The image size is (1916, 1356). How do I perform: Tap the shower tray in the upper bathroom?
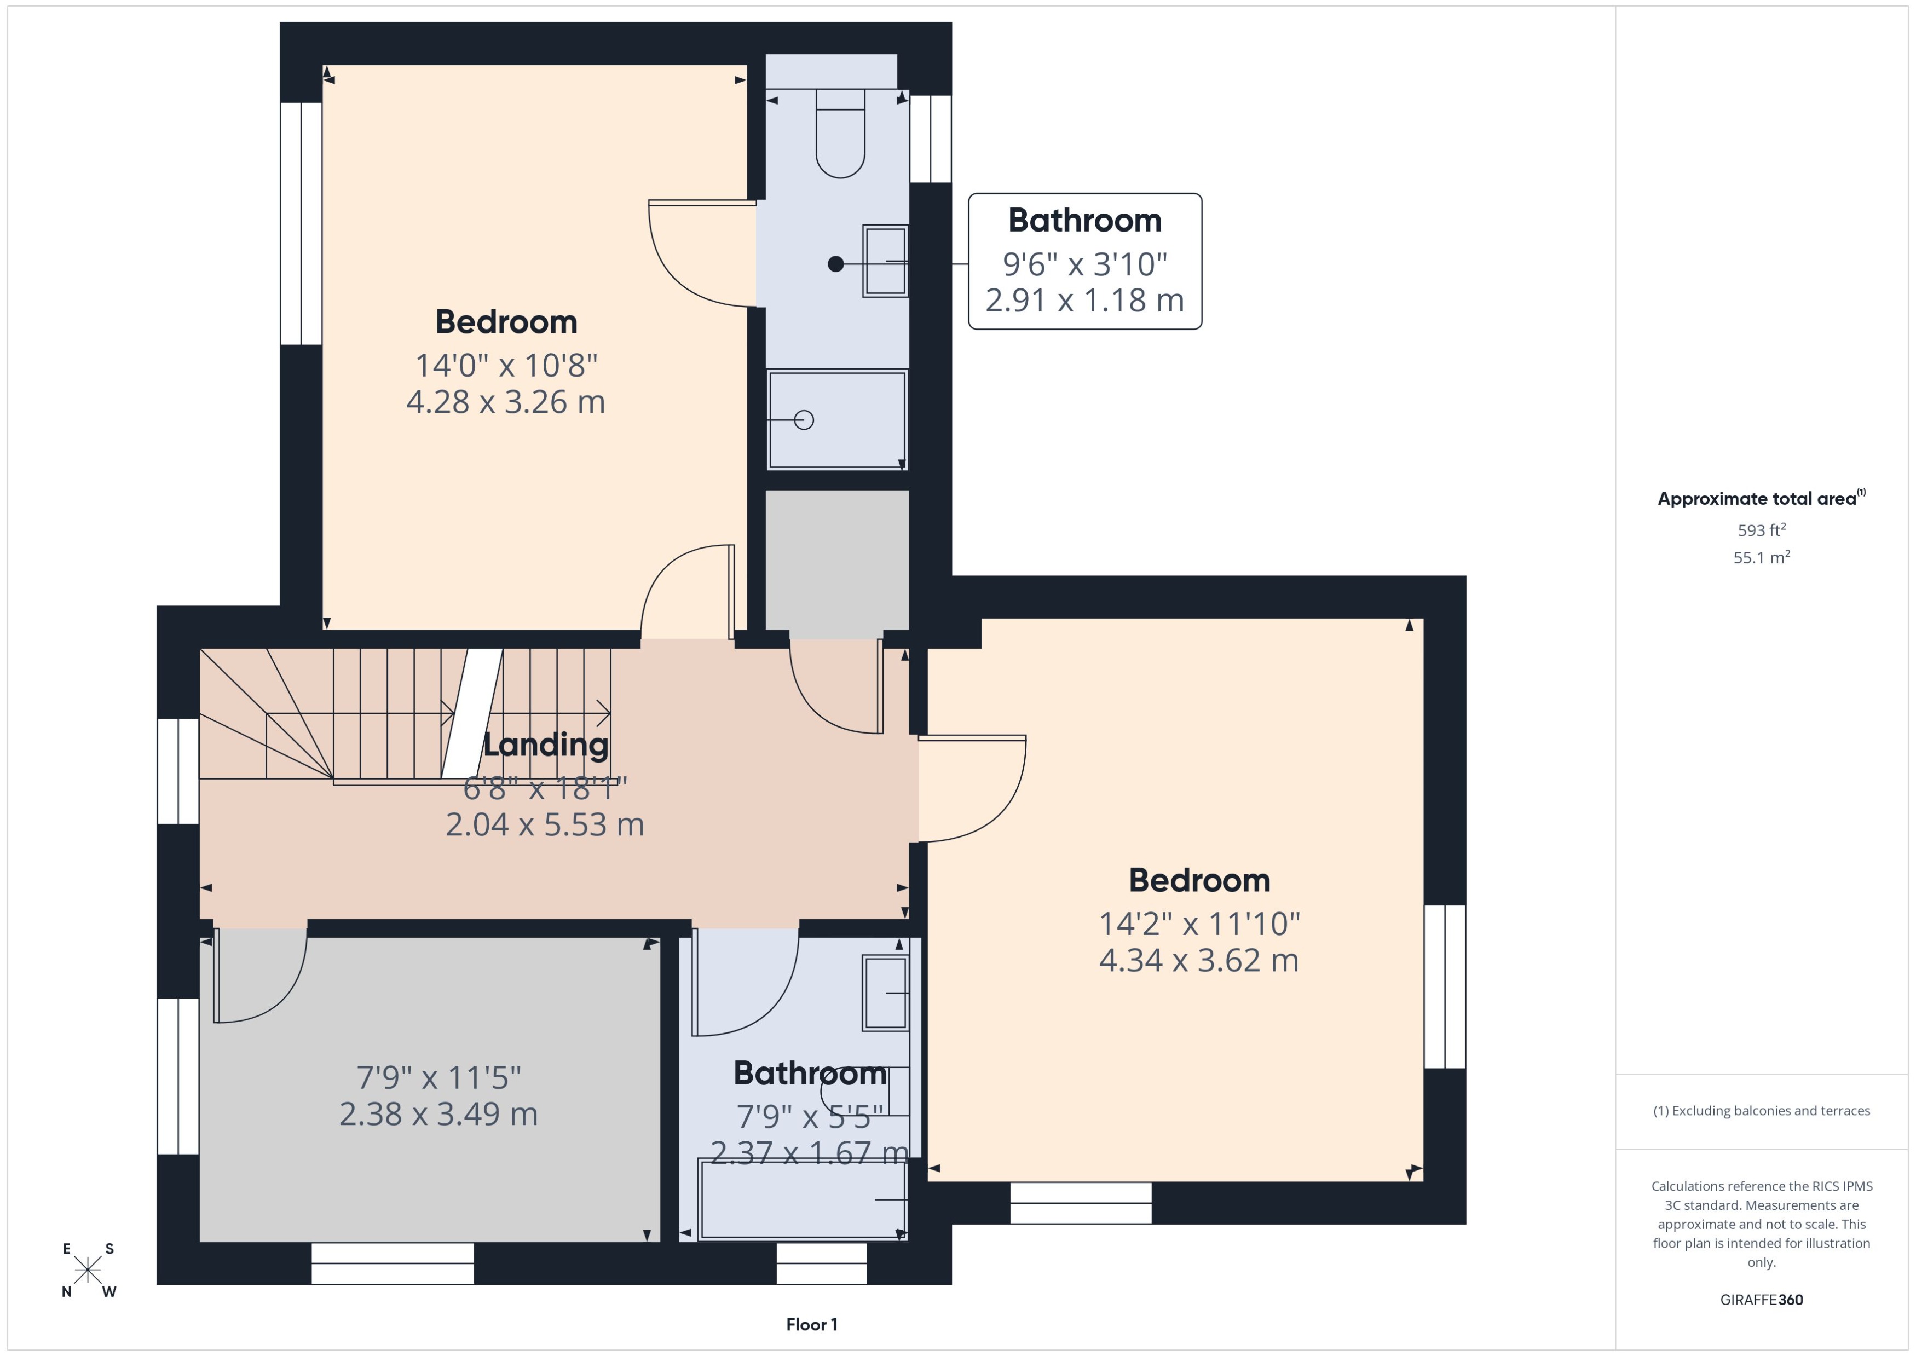[x=836, y=420]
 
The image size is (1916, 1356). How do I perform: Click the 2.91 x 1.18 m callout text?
[x=1084, y=301]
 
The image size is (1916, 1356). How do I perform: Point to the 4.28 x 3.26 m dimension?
[x=505, y=402]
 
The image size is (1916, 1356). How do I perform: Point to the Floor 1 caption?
[x=811, y=1324]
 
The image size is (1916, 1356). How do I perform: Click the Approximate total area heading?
[x=1760, y=499]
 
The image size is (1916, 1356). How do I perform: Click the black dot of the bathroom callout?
[x=835, y=264]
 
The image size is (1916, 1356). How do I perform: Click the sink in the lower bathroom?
[x=885, y=994]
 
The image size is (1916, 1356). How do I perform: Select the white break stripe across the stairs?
[x=472, y=713]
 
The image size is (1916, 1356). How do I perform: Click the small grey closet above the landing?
[x=836, y=559]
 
